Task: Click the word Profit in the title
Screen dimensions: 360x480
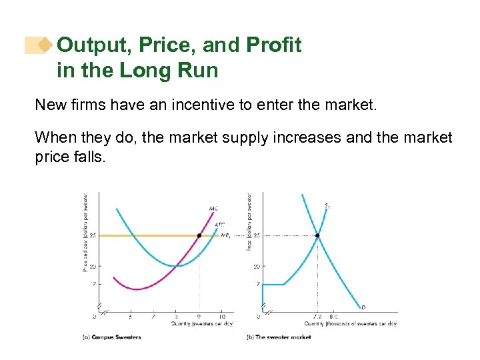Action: tap(275, 45)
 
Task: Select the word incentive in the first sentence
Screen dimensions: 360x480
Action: tap(204, 105)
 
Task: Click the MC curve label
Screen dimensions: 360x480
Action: tap(213, 209)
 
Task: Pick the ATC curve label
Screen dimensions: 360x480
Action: tap(219, 225)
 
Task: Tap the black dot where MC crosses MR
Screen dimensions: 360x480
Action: tap(199, 235)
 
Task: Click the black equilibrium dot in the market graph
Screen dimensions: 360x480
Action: tap(317, 235)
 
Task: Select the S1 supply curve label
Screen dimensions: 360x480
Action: tap(327, 205)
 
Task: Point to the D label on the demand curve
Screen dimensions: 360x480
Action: tap(363, 307)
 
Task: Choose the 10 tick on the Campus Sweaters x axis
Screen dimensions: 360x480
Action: tap(221, 317)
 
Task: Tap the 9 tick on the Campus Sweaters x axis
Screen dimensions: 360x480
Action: tap(199, 317)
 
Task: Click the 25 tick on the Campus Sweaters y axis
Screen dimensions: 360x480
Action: tap(93, 235)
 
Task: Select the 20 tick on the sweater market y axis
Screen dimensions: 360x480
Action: tap(256, 266)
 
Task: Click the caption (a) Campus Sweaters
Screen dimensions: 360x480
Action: tap(111, 337)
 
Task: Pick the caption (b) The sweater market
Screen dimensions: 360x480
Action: tap(279, 337)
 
